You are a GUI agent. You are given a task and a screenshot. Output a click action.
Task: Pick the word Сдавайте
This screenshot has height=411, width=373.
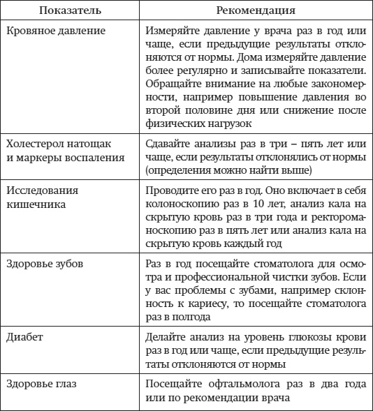coord(169,144)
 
